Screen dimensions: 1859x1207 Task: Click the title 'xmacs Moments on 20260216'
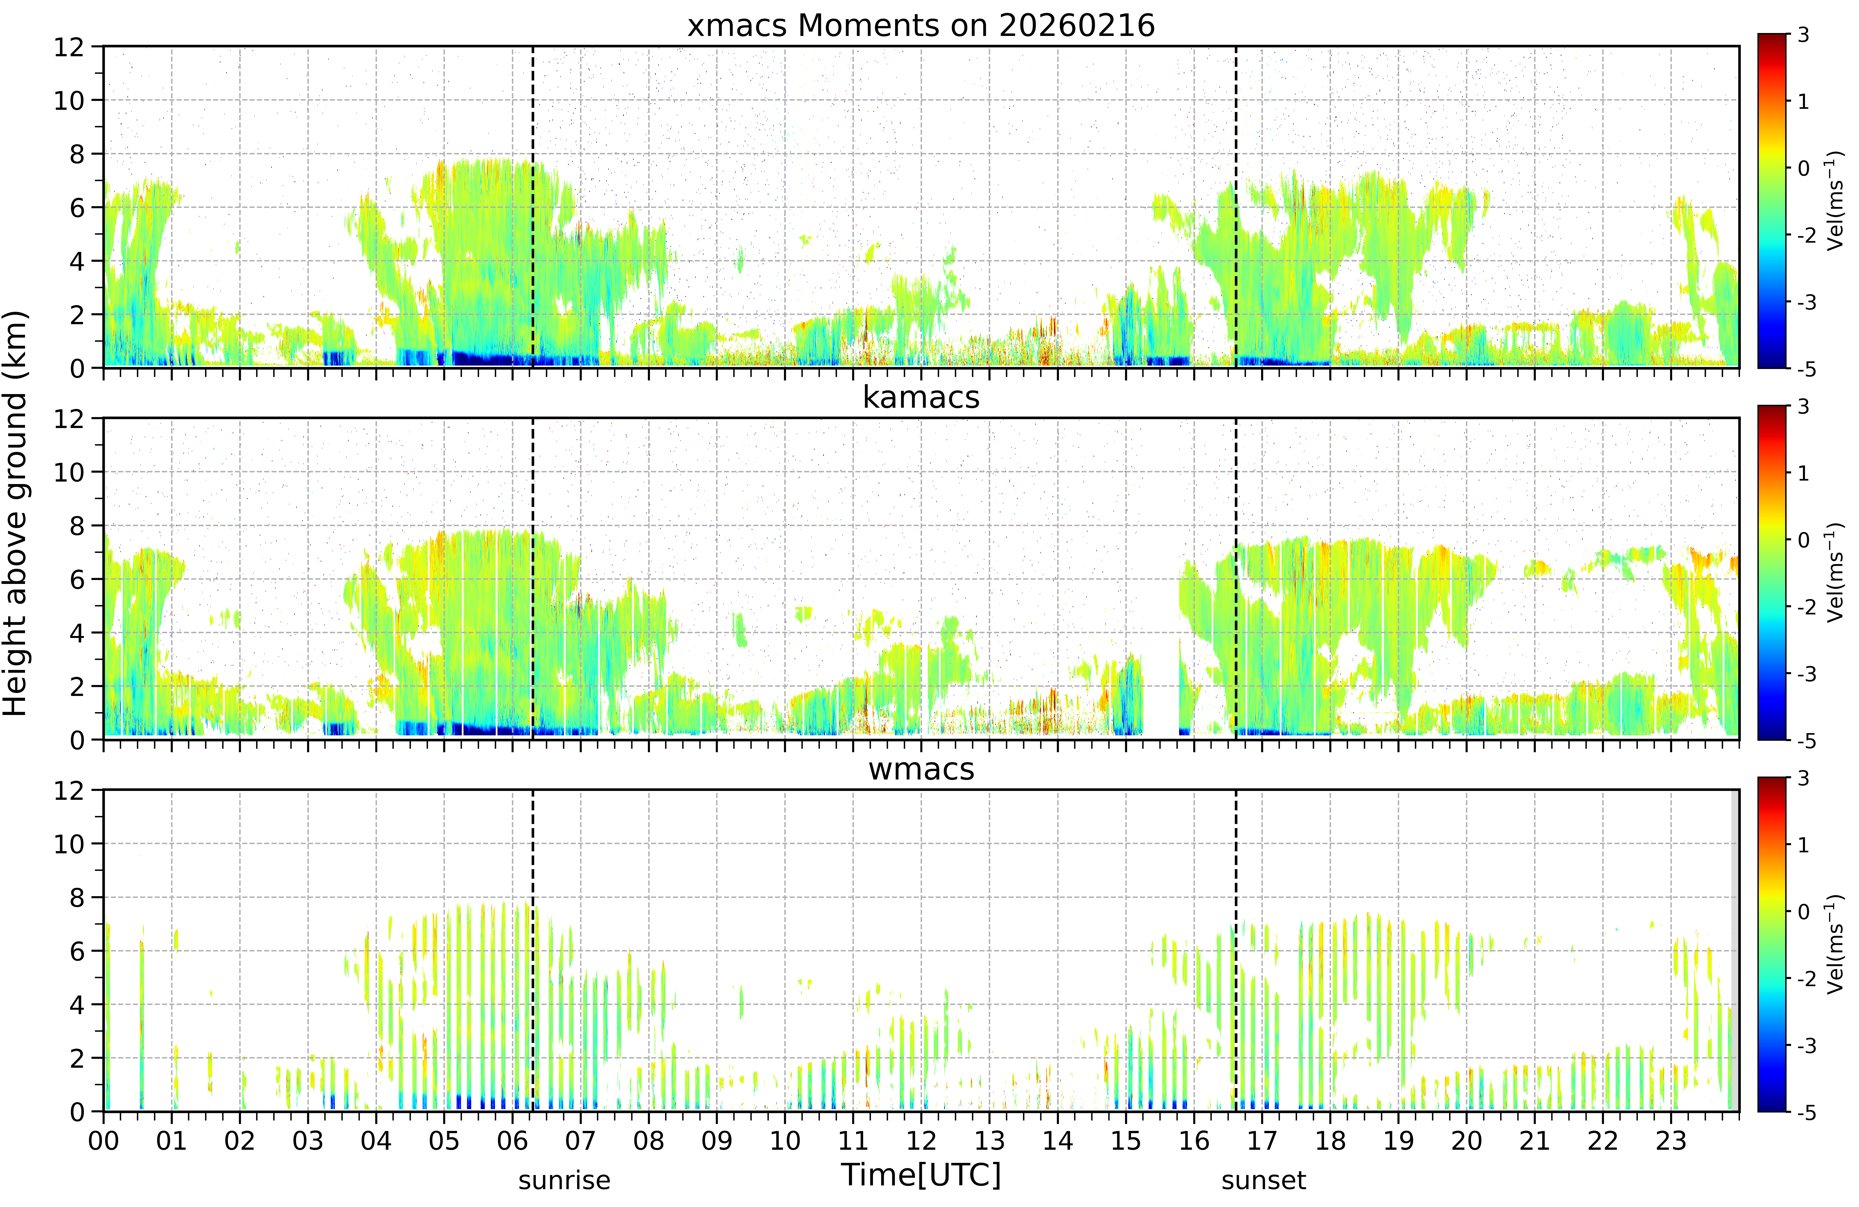921,26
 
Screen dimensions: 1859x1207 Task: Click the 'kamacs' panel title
921,398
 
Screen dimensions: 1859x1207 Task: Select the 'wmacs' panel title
921,770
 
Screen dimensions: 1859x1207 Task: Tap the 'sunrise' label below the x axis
564,1180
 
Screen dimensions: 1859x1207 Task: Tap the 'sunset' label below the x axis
1263,1180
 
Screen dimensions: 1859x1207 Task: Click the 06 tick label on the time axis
512,1141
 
